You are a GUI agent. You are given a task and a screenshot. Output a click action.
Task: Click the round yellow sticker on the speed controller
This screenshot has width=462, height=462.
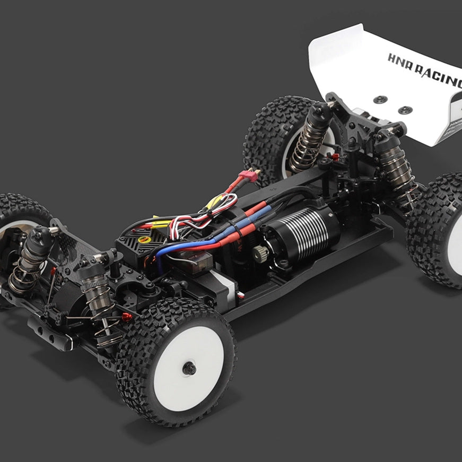[143, 240]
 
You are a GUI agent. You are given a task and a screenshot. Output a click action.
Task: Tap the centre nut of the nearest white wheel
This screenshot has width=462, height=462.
[189, 368]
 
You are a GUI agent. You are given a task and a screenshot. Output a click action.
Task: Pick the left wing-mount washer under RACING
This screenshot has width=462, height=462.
[380, 100]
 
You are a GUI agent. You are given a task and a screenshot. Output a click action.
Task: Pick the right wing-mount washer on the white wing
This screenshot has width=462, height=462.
[405, 110]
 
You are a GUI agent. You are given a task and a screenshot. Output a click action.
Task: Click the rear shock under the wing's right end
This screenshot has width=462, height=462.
[396, 164]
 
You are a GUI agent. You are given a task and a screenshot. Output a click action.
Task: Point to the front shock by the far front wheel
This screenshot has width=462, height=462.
[32, 260]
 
